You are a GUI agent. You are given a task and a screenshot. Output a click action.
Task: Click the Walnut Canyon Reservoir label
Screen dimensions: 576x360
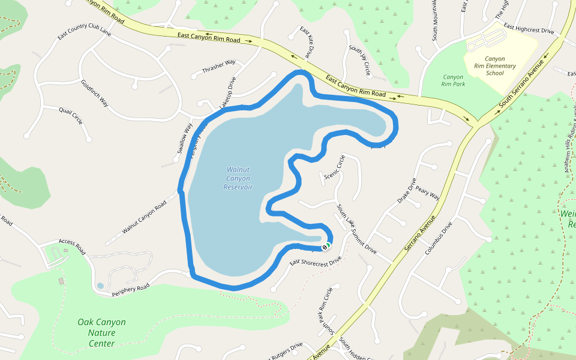click(x=238, y=178)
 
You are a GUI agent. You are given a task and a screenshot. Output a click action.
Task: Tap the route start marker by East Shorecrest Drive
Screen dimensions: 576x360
click(x=326, y=246)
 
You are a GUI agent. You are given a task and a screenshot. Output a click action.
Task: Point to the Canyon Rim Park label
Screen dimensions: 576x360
click(x=454, y=80)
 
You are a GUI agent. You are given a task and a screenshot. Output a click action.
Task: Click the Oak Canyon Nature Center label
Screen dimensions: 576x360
click(x=101, y=332)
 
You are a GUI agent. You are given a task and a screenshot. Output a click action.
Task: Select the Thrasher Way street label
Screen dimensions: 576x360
click(x=218, y=67)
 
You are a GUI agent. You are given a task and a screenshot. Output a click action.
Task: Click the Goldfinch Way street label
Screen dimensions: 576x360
click(x=94, y=93)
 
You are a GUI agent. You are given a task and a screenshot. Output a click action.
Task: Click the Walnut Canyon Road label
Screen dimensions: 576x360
click(x=144, y=217)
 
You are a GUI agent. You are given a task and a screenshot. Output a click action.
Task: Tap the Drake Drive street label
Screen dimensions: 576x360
click(x=407, y=190)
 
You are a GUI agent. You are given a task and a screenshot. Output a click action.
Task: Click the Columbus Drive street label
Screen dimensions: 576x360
click(x=438, y=239)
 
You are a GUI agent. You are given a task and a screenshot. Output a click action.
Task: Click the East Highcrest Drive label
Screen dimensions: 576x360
click(x=529, y=28)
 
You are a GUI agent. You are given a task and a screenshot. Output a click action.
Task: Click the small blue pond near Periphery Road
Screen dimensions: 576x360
click(x=100, y=286)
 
